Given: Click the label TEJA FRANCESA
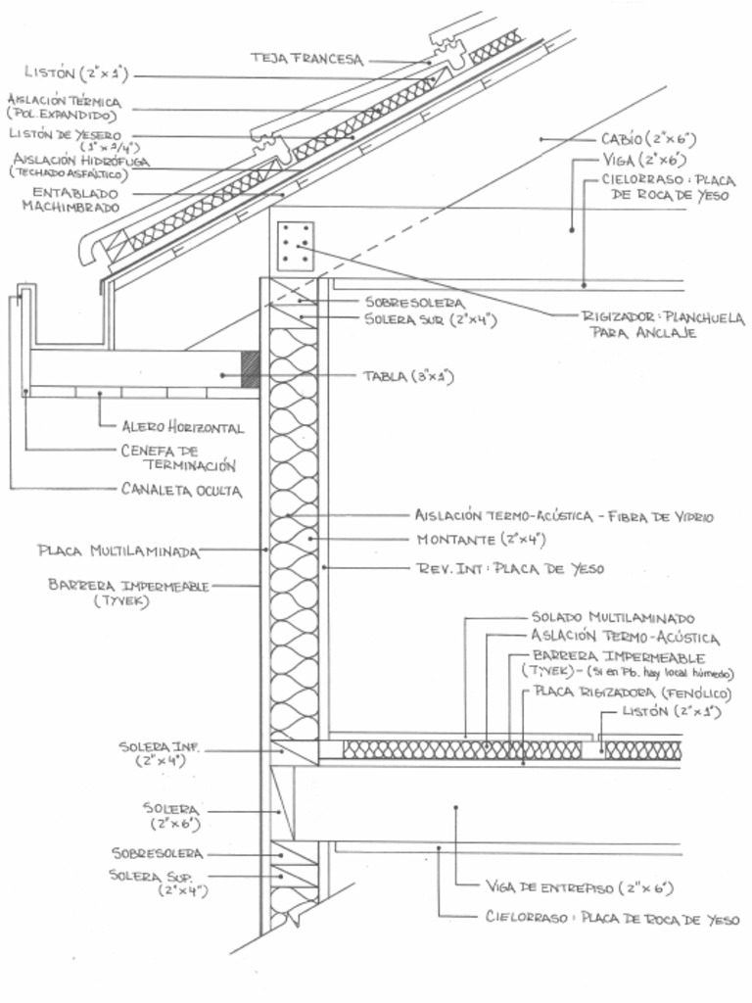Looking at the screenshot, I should (x=305, y=59).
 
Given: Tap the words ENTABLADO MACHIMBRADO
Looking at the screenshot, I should (x=75, y=200).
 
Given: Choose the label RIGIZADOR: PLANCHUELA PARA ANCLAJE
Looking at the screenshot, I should (x=662, y=325).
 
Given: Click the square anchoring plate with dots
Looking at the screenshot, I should (x=296, y=246).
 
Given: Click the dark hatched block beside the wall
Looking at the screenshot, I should (x=250, y=368).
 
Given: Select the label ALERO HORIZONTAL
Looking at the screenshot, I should (x=182, y=428).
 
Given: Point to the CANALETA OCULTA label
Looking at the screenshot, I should (x=181, y=489).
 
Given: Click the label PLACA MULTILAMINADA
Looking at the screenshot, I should (x=118, y=550).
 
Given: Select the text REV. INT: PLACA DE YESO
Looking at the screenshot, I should (x=510, y=568).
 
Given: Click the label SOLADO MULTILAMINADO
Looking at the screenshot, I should (x=613, y=618).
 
